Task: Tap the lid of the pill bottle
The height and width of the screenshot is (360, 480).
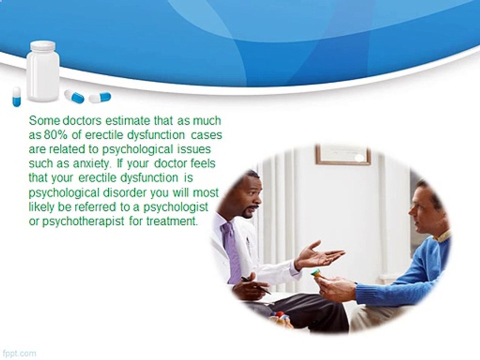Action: tap(42, 45)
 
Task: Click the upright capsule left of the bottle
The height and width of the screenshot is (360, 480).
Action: tap(17, 96)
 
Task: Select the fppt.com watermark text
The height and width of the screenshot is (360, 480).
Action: tap(18, 353)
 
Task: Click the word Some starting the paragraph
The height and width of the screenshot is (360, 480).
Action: tap(40, 121)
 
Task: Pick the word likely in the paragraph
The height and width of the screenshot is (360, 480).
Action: tap(40, 207)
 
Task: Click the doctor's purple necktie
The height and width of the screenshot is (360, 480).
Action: tap(232, 250)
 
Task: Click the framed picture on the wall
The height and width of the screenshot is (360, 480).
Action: tap(342, 155)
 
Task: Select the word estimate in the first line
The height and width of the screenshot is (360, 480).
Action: tap(105, 121)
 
